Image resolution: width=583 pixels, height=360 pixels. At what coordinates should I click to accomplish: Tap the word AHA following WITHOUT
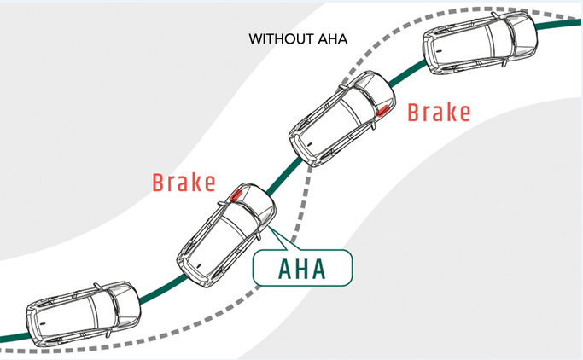(327, 39)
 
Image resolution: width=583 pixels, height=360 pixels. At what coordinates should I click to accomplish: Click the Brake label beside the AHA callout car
(181, 183)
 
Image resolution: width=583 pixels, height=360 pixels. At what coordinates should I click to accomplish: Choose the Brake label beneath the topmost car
(438, 113)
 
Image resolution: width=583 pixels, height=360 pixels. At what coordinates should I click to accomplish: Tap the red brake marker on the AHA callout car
(236, 195)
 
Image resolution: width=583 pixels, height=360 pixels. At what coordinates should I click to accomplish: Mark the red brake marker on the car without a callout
(384, 108)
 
